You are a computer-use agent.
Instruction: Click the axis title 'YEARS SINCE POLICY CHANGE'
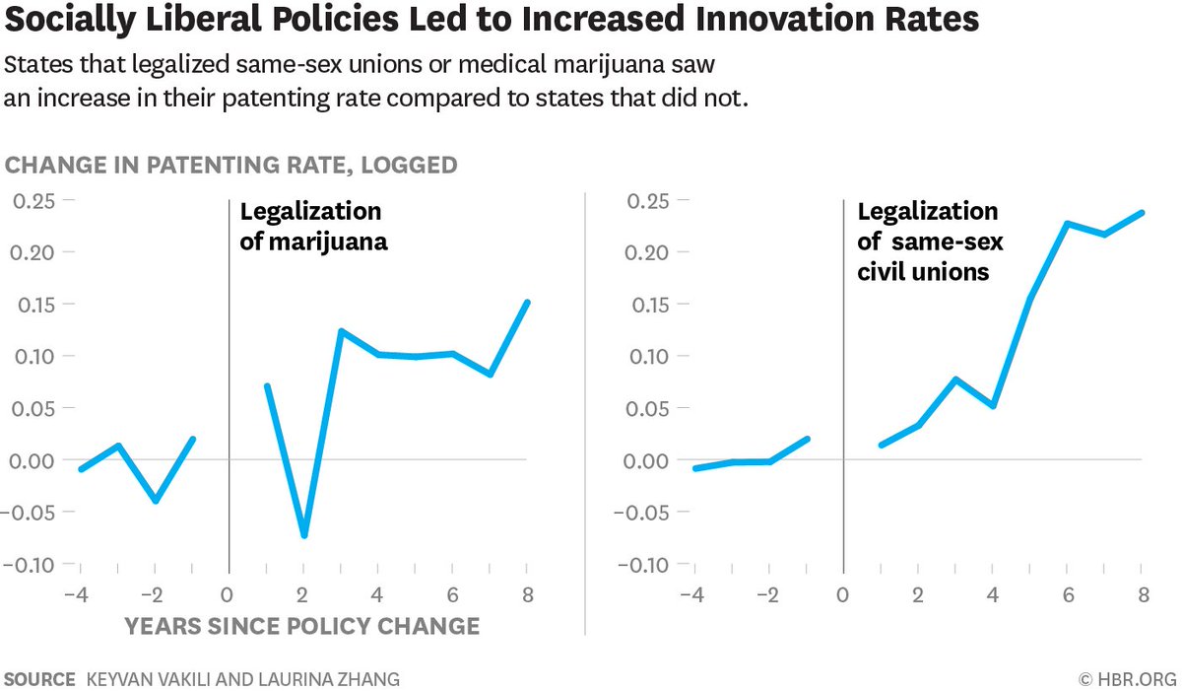coord(302,626)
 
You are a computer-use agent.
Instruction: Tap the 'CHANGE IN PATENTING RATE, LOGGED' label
coord(231,165)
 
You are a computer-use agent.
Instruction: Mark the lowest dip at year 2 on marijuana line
coord(304,535)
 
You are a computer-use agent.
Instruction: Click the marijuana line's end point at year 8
coord(527,303)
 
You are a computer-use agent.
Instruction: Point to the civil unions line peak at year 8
coord(1142,212)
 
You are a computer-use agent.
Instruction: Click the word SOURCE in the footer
coord(40,679)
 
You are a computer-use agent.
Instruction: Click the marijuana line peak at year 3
coord(341,331)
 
